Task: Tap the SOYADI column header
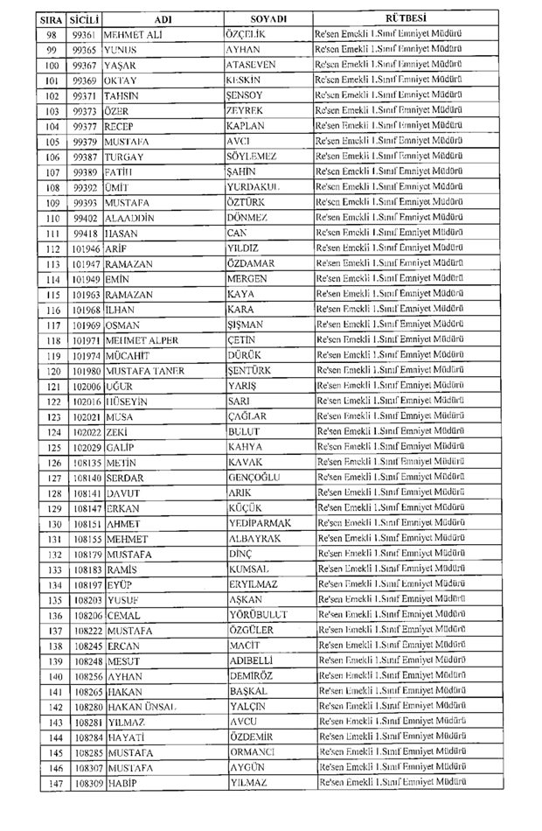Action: [x=268, y=18]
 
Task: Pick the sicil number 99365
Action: [x=85, y=50]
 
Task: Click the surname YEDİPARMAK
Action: [x=260, y=523]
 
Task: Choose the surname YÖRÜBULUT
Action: [x=258, y=615]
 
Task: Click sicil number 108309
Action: [x=89, y=782]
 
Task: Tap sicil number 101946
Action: [x=87, y=248]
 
